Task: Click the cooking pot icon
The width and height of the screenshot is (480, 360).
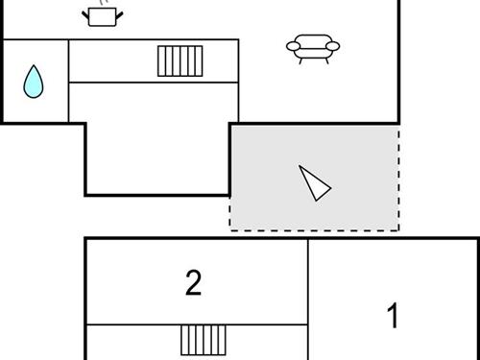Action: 102,16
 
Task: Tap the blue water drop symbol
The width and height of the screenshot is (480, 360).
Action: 34,83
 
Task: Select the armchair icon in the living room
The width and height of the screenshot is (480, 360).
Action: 314,48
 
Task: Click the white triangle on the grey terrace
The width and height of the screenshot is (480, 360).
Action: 314,182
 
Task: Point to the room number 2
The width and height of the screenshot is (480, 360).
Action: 194,283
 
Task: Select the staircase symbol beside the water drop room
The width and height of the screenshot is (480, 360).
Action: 180,60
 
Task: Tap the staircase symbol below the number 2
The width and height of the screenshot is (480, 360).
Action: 204,340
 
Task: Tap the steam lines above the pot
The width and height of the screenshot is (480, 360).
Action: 102,3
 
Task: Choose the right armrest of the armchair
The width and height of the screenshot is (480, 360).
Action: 336,45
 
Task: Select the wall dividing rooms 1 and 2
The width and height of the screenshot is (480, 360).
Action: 308,298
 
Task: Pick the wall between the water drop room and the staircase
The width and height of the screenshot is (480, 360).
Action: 68,82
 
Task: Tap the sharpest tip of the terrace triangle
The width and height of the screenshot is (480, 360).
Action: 300,168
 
